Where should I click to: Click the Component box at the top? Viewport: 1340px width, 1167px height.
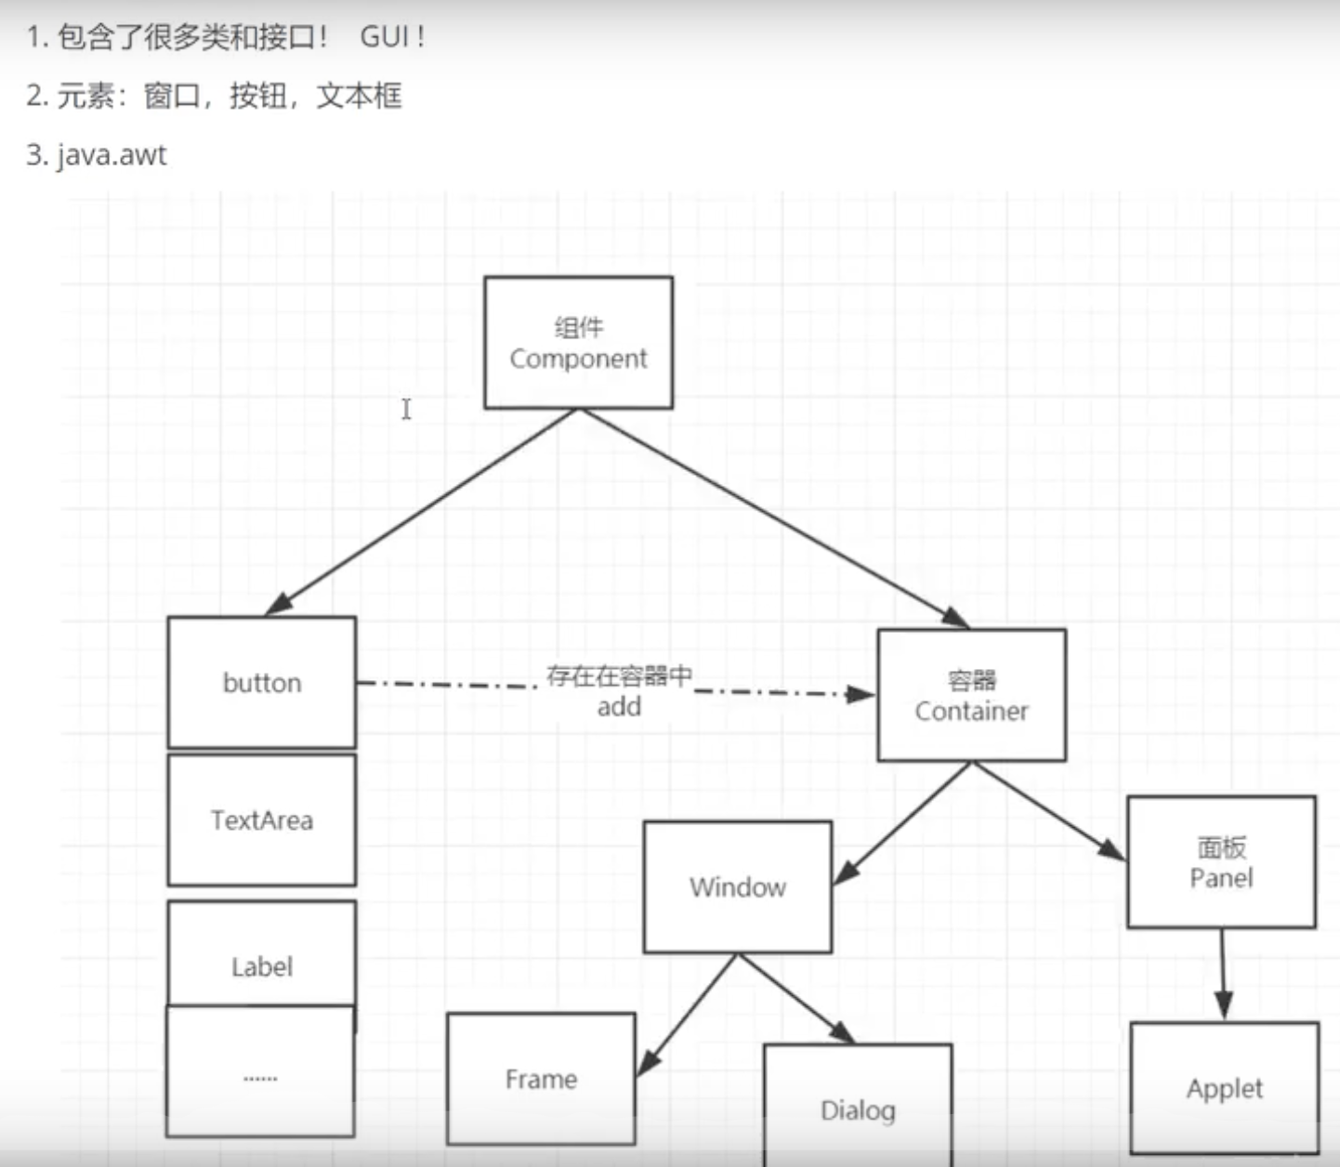point(578,343)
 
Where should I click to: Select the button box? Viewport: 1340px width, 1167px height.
point(262,683)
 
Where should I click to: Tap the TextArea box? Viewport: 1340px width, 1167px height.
point(262,820)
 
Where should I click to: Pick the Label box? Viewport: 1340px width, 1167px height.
point(262,952)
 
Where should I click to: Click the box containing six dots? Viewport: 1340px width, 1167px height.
point(260,1078)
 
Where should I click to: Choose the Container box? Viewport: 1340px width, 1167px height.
point(971,695)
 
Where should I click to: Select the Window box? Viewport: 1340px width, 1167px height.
point(737,887)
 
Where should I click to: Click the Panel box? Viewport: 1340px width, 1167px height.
point(1221,862)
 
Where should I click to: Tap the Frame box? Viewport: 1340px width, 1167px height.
point(541,1079)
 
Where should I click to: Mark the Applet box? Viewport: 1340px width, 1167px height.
point(1224,1088)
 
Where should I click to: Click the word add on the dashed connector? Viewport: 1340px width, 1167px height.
point(619,707)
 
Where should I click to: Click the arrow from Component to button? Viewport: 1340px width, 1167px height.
point(423,511)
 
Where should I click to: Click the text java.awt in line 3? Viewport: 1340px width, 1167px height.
point(112,154)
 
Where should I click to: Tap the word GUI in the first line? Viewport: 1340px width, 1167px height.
point(385,37)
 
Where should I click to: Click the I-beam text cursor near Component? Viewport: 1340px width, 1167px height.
point(406,409)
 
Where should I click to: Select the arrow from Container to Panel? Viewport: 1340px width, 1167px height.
point(1048,810)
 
